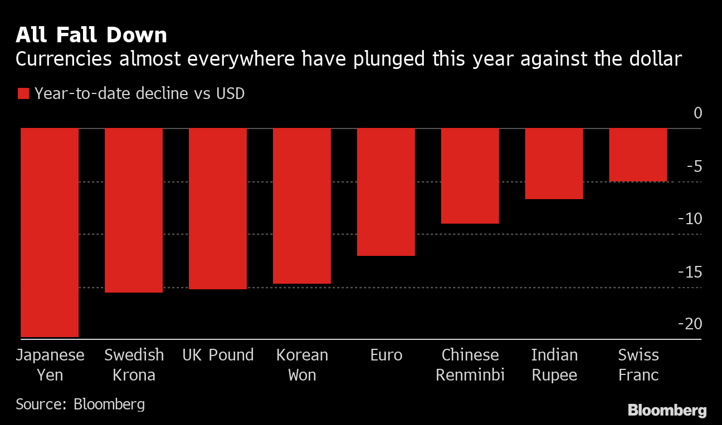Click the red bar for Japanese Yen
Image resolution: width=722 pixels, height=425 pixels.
pos(50,233)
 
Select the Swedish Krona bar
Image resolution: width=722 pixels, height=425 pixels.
pos(134,210)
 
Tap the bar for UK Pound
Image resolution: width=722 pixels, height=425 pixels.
pos(218,209)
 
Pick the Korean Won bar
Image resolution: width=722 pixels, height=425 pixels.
pos(302,206)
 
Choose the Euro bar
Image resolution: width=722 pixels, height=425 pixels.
pos(386,192)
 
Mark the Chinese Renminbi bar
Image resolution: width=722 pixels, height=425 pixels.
pos(470,176)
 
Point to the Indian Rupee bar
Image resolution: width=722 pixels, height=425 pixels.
pos(554,164)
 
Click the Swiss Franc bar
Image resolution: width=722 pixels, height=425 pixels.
pos(638,155)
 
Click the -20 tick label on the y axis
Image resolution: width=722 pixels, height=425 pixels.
pos(690,323)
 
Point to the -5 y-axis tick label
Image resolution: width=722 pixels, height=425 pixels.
pos(694,166)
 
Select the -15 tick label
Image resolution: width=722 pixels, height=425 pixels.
pos(690,271)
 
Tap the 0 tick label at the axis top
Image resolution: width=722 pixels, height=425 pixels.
pos(697,113)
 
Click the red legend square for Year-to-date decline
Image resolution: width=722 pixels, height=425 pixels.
pos(23,93)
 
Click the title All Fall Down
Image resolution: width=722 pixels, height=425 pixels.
pos(91,35)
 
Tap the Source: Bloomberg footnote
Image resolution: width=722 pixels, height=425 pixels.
pos(80,403)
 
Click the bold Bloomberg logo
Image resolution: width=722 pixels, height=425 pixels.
pos(667,411)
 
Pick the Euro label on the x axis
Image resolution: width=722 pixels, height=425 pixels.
pos(386,355)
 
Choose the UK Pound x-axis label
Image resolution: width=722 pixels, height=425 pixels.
pos(218,355)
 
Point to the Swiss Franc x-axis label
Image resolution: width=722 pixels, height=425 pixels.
pos(638,364)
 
